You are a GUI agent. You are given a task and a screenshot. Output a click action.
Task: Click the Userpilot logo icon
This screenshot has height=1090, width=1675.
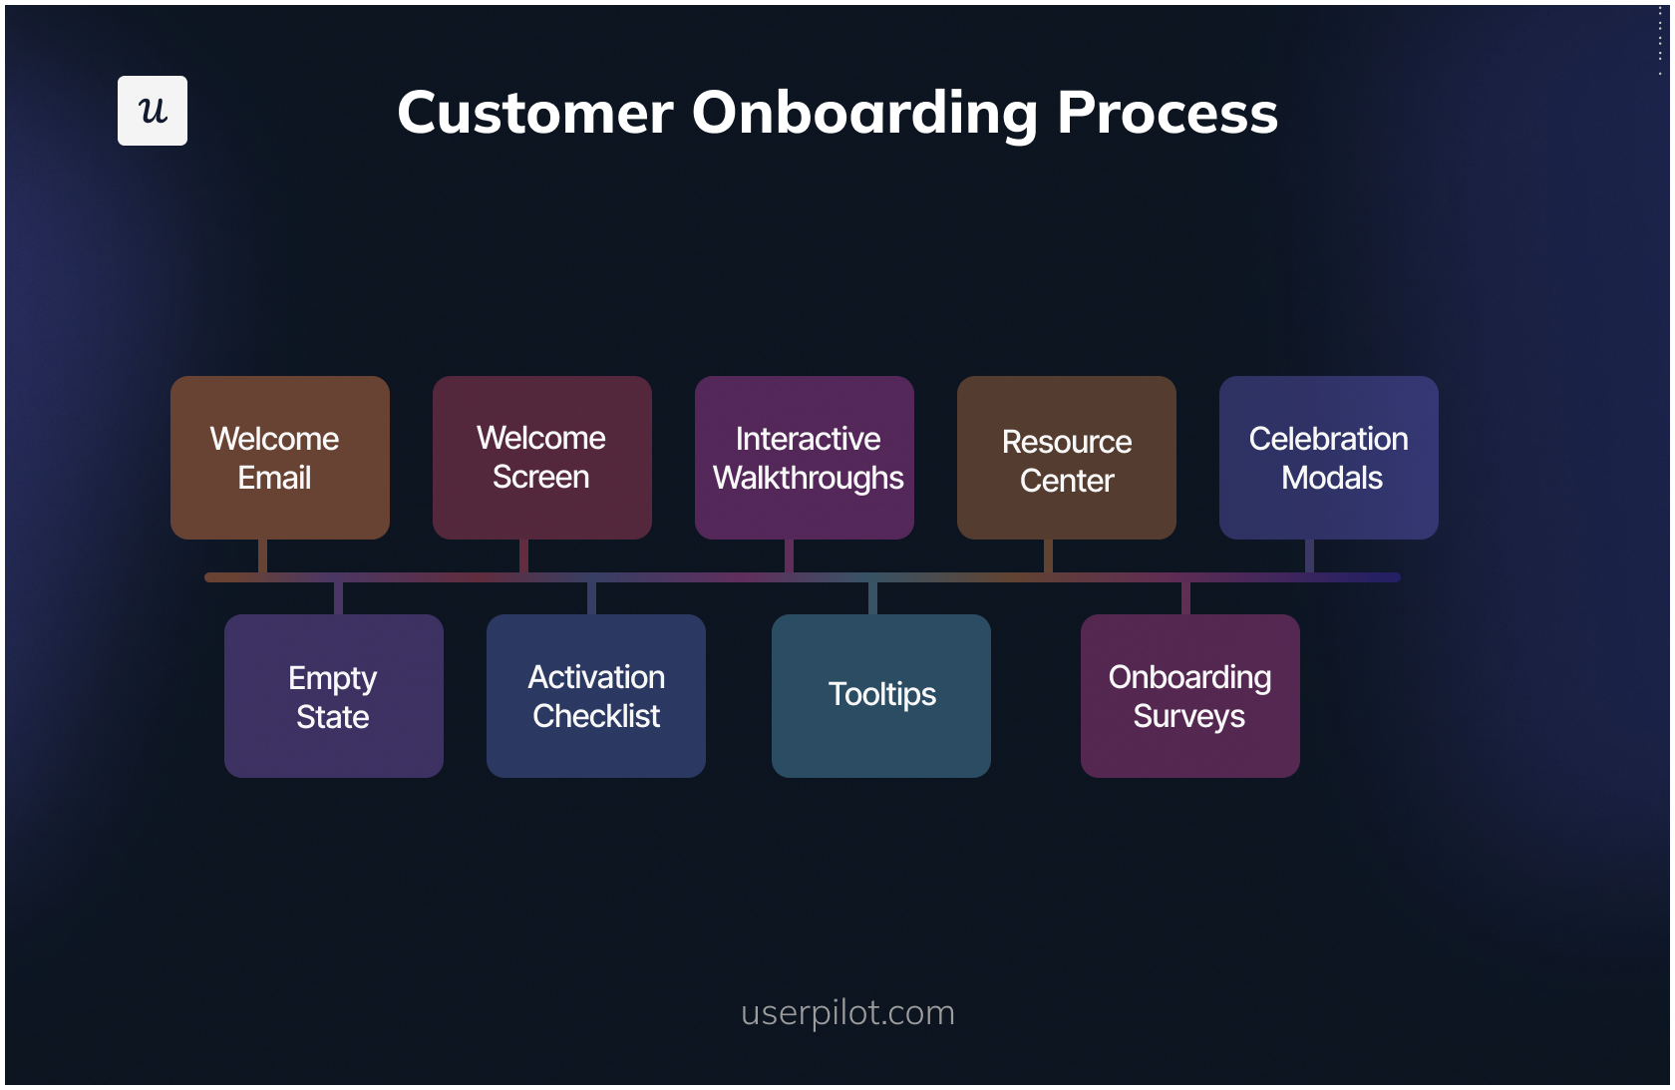(152, 111)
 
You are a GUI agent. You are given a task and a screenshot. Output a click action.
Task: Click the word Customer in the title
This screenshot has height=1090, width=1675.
(534, 112)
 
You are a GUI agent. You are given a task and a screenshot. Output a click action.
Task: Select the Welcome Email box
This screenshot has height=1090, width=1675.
(279, 458)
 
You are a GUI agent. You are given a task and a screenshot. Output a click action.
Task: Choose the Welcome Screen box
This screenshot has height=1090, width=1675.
(541, 458)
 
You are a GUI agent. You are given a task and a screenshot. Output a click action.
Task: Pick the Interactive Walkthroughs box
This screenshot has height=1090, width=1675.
(804, 458)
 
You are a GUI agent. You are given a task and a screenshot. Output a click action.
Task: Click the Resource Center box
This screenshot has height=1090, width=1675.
(1066, 458)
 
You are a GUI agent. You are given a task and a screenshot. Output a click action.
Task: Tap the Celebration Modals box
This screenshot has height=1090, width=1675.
(1328, 458)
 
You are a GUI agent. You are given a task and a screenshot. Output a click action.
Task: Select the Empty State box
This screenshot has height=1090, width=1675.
(333, 696)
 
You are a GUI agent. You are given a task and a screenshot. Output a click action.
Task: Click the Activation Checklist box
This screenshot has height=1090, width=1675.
(595, 696)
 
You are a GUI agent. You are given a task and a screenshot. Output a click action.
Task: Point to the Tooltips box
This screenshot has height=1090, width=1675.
(880, 696)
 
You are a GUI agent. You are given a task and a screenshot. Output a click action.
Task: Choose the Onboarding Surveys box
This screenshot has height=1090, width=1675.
(1189, 696)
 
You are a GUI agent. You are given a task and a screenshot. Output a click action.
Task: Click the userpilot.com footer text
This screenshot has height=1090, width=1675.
(847, 1012)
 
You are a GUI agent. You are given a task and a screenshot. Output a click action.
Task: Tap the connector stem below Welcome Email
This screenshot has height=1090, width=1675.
(262, 555)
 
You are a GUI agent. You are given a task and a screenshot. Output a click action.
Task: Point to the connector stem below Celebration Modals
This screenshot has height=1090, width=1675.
(1309, 555)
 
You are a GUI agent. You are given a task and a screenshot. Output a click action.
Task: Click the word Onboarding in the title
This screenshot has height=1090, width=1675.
(864, 112)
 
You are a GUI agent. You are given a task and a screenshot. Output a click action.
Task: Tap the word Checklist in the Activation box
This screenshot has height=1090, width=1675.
(596, 716)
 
